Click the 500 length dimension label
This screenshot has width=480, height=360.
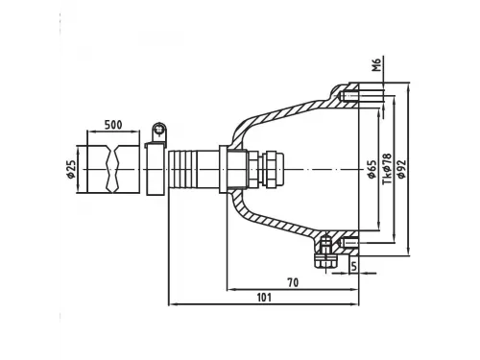[113, 125]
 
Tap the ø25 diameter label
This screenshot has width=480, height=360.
[71, 169]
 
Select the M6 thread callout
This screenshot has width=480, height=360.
[377, 64]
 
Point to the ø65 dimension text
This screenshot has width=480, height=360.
[372, 169]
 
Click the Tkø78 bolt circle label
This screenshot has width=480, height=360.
[387, 169]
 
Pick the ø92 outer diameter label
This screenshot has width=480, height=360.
[400, 169]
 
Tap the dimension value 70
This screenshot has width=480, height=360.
[293, 282]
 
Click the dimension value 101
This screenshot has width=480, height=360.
[264, 298]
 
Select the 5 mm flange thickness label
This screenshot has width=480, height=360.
[353, 266]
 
